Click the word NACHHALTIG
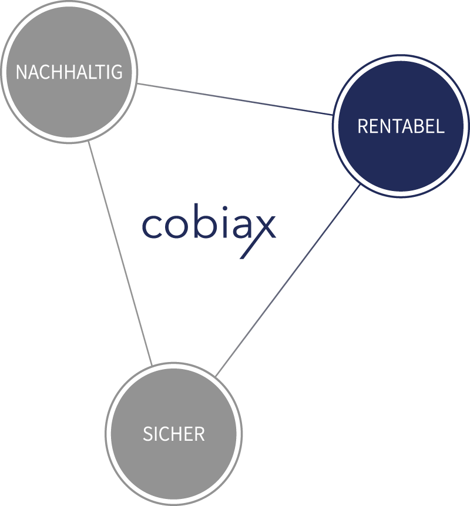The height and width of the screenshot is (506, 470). click(x=69, y=72)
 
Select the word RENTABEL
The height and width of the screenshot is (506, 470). click(x=401, y=126)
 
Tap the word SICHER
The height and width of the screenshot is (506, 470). click(x=173, y=434)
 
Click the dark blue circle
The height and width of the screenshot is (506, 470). click(x=401, y=126)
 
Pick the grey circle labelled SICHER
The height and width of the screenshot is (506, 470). click(x=173, y=434)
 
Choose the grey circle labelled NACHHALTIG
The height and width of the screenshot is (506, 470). click(x=69, y=72)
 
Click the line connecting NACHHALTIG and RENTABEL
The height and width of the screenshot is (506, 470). click(x=234, y=99)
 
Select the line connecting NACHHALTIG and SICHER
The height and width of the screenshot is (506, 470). click(x=120, y=253)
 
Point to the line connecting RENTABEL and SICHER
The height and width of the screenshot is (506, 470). click(x=287, y=280)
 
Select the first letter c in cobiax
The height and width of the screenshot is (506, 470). click(x=152, y=226)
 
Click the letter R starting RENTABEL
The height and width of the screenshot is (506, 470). click(x=362, y=126)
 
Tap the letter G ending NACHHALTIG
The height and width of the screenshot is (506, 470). click(x=117, y=72)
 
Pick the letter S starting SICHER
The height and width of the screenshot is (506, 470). click(x=147, y=434)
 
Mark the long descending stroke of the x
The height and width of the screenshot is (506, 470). click(x=257, y=237)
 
